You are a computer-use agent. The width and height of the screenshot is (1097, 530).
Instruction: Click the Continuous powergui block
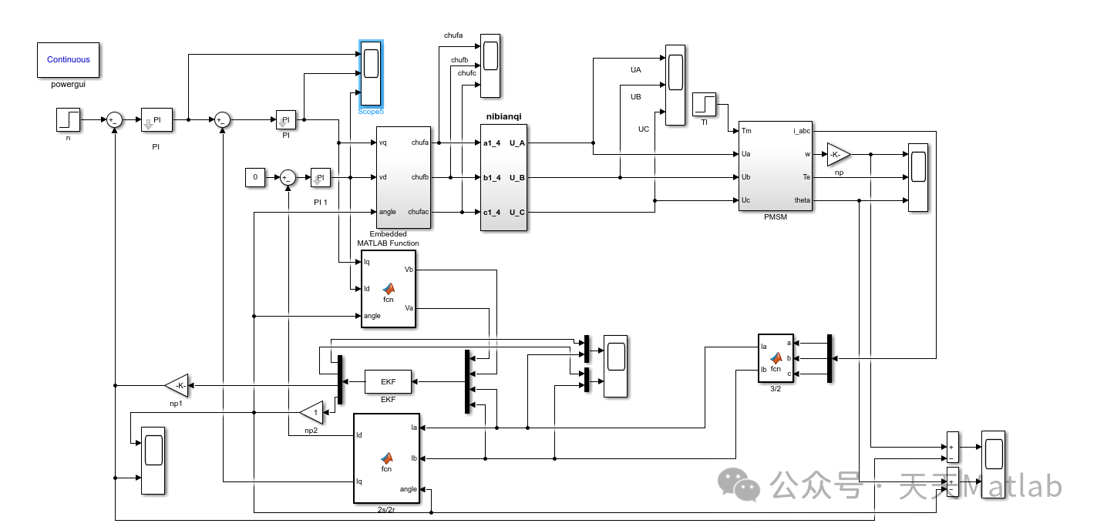click(68, 60)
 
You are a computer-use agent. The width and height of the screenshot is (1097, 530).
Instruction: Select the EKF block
click(388, 382)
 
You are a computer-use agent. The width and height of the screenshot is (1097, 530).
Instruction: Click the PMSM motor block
click(776, 166)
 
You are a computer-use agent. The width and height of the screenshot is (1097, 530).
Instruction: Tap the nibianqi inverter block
click(503, 177)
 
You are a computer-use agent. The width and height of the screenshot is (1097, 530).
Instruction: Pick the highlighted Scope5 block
click(371, 74)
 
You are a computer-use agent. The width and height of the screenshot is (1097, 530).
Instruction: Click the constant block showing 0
click(254, 177)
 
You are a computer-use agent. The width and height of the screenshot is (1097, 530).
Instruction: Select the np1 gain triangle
click(177, 386)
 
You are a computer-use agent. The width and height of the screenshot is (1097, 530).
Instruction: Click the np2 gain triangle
click(311, 413)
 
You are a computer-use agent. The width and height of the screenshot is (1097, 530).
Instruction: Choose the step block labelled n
click(68, 120)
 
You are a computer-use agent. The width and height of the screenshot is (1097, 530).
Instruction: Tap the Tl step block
click(704, 105)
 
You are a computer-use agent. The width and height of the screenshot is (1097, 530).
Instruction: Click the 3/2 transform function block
click(776, 358)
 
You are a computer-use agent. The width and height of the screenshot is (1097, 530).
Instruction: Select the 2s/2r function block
click(386, 458)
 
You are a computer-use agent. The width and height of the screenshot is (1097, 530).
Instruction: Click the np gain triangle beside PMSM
click(839, 154)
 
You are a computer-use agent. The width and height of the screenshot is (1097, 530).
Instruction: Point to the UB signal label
click(636, 97)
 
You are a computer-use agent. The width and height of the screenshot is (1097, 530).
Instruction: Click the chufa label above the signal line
click(453, 35)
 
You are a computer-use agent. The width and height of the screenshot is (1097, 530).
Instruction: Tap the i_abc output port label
click(802, 131)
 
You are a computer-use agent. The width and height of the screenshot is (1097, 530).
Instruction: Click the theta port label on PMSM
click(803, 200)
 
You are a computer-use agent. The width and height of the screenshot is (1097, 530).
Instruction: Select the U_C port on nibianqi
click(517, 212)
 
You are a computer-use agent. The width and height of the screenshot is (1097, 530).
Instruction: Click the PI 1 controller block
click(321, 178)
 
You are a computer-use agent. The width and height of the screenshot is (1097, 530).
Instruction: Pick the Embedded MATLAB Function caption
click(388, 238)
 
